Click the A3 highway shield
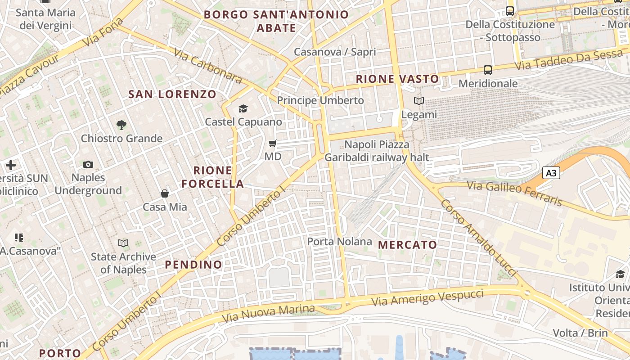[x=551, y=173]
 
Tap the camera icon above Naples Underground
[x=88, y=165]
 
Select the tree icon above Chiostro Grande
[x=121, y=125]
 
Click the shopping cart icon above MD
[x=273, y=144]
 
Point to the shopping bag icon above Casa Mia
[x=165, y=193]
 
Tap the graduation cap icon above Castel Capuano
[x=243, y=108]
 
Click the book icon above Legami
[x=419, y=101]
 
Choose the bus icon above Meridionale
[x=488, y=70]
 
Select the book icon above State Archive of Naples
[x=123, y=243]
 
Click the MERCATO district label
[x=408, y=245]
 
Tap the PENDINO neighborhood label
[x=193, y=265]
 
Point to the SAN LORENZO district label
[x=172, y=94]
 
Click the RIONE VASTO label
[x=397, y=79]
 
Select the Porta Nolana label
[x=339, y=242]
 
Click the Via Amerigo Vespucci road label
[x=427, y=297]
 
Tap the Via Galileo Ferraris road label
[x=514, y=193]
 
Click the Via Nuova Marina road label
[x=268, y=313]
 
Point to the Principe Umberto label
[x=320, y=100]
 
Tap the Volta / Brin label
[x=580, y=333]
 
